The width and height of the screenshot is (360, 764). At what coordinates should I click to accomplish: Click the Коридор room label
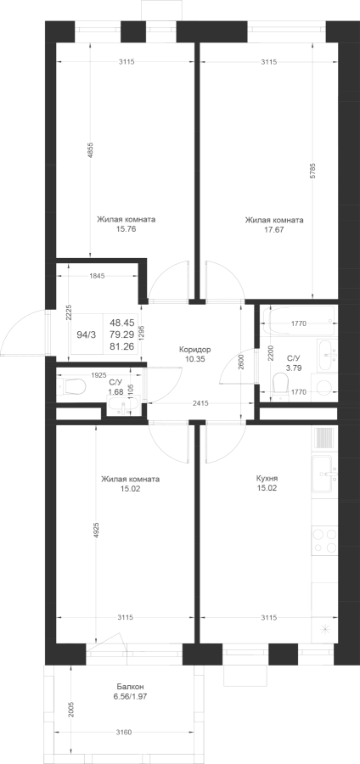point(194,350)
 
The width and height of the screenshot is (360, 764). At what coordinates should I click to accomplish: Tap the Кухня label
point(267,479)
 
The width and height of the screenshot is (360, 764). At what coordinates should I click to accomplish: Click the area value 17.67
point(273,229)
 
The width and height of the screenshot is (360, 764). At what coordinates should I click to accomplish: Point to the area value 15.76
point(127,229)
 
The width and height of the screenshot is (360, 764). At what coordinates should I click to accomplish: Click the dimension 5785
point(312,171)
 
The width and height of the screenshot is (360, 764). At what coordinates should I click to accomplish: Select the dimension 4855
point(90,151)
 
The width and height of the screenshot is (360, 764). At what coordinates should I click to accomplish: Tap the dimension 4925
point(96,531)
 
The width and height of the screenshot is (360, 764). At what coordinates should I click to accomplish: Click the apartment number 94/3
point(87,334)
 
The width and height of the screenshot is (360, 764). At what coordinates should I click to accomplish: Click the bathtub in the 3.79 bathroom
point(298,321)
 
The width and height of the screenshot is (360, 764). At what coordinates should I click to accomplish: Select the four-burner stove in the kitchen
point(324,541)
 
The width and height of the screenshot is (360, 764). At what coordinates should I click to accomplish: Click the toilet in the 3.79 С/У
point(279,384)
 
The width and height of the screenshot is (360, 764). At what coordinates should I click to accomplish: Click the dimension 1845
point(98,276)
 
